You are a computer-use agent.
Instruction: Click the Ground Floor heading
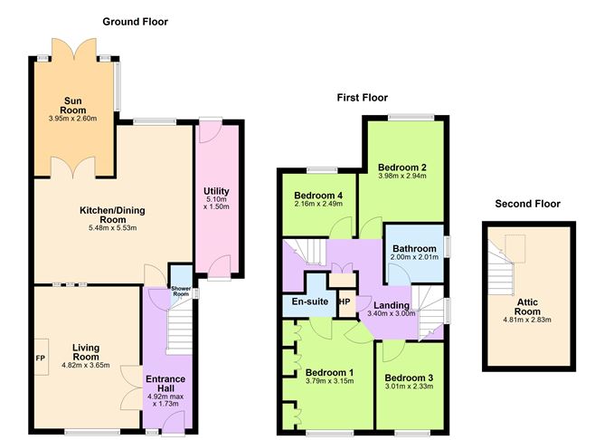tap(136, 22)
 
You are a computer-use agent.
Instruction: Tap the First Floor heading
tap(362, 98)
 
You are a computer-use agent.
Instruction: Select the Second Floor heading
tap(528, 204)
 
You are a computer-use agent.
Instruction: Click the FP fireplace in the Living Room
tap(41, 358)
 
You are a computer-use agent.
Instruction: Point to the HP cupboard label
tap(345, 301)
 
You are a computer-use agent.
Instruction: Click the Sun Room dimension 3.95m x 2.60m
tap(73, 119)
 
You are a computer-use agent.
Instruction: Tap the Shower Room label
tap(181, 292)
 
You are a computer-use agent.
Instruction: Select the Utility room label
tap(216, 191)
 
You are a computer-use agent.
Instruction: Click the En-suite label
tap(310, 301)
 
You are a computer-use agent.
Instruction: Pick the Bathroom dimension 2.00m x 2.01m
tap(414, 257)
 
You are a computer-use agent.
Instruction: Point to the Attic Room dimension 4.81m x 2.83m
tap(527, 320)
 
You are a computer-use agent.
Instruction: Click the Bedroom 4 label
tap(318, 196)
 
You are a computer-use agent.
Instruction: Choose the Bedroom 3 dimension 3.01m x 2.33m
tap(409, 387)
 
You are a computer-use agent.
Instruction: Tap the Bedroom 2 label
tap(402, 167)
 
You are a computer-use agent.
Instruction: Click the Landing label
tap(392, 305)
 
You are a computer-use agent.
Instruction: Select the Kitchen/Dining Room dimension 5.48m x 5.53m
tap(112, 228)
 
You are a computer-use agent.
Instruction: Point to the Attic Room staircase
tap(501, 267)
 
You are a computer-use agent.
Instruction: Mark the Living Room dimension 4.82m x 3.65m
tap(86, 365)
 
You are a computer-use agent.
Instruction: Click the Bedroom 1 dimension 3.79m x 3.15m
tap(329, 381)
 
